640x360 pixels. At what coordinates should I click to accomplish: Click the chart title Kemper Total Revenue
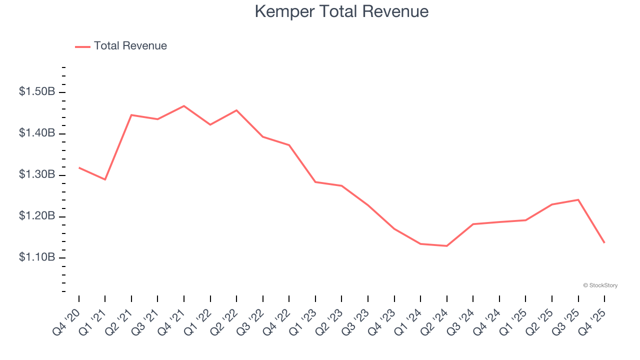tap(341, 11)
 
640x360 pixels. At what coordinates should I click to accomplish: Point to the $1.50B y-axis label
tap(37, 92)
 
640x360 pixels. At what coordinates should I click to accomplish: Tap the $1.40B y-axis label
tap(37, 133)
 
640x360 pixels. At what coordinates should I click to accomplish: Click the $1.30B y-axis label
tap(37, 175)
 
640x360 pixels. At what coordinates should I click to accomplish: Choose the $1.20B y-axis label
tap(37, 216)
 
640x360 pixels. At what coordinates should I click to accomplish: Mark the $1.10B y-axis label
tap(37, 257)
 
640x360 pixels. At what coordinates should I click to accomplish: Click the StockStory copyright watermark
tap(600, 285)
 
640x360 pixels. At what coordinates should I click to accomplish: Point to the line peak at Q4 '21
tap(184, 106)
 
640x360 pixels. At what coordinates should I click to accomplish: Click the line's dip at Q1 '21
tap(105, 179)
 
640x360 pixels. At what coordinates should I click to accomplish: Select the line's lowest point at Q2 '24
tap(446, 246)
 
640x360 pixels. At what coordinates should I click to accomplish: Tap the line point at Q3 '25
tap(578, 199)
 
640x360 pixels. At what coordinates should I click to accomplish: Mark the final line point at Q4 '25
tap(604, 242)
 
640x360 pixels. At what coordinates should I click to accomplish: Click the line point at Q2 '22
tap(236, 110)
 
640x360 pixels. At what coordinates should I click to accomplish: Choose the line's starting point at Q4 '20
tap(79, 167)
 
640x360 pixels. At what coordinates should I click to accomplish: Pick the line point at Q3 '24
tap(473, 224)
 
